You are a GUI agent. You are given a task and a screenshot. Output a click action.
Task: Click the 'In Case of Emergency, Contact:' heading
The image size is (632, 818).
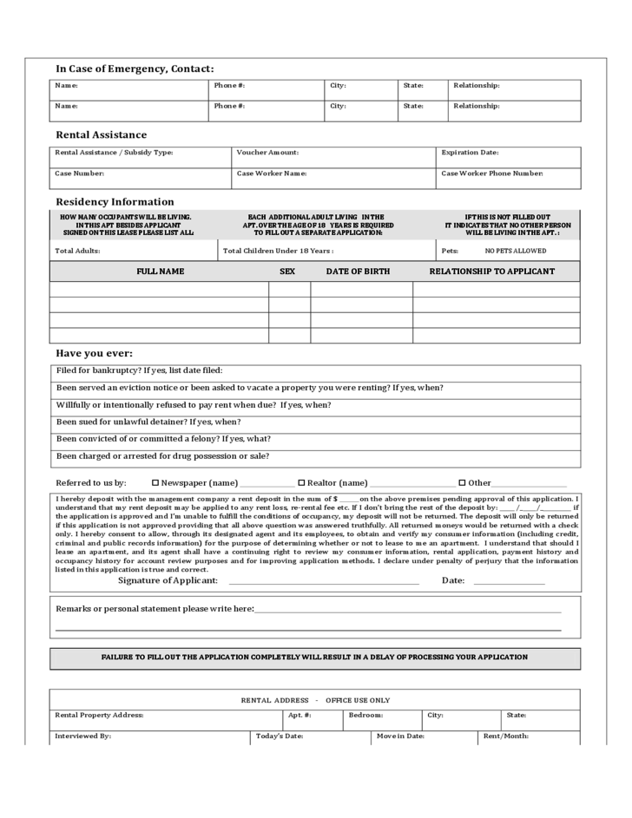[x=135, y=69]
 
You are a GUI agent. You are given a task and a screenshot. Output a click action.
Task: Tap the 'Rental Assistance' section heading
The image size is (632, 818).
[x=102, y=134]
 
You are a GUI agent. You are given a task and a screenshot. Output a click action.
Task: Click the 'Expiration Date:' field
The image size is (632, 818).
[x=508, y=157]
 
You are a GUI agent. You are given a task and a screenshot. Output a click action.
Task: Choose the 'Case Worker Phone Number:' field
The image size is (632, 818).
[x=508, y=178]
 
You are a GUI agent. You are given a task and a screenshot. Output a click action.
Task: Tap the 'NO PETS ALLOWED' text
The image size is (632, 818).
[x=516, y=251]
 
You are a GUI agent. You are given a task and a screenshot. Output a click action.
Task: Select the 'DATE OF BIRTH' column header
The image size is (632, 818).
[x=358, y=272]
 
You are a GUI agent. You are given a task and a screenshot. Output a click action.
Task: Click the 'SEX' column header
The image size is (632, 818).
[x=287, y=272]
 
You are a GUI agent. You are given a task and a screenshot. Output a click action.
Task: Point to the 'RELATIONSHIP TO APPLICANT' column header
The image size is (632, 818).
[x=492, y=272]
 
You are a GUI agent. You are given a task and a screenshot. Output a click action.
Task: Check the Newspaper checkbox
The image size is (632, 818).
[x=155, y=482]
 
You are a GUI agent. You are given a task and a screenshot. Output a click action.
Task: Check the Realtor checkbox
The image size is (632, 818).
[x=301, y=482]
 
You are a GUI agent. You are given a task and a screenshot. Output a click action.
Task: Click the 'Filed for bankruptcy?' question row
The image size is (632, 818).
[x=314, y=371]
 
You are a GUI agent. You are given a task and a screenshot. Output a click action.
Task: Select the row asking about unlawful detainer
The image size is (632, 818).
[x=314, y=422]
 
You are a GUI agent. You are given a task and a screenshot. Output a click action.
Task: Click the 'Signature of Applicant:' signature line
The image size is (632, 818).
[x=323, y=580]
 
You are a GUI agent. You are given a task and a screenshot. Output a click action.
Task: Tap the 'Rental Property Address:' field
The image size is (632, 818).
[x=166, y=720]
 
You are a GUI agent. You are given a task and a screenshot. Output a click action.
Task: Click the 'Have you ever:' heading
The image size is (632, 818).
[x=95, y=353]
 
